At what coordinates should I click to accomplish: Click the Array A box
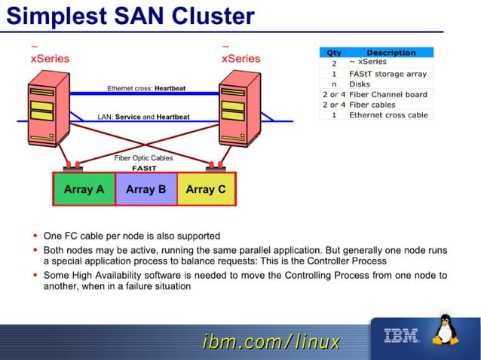pyautogui.click(x=84, y=189)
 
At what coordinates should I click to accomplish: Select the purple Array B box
pyautogui.click(x=146, y=189)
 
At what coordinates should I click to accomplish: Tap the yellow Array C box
pyautogui.click(x=205, y=189)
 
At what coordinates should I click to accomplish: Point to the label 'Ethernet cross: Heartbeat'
pyautogui.click(x=146, y=89)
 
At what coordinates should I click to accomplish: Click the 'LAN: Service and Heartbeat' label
pyautogui.click(x=143, y=117)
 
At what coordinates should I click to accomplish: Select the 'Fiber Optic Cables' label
pyautogui.click(x=143, y=158)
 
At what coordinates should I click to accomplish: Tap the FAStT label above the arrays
pyautogui.click(x=144, y=168)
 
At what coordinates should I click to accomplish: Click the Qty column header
pyautogui.click(x=333, y=53)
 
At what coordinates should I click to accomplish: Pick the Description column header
pyautogui.click(x=391, y=53)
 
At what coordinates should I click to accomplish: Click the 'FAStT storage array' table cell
pyautogui.click(x=388, y=74)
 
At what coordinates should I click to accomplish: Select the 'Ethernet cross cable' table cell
pyautogui.click(x=388, y=115)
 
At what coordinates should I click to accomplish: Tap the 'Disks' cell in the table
pyautogui.click(x=360, y=84)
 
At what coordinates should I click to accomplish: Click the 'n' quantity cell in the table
pyautogui.click(x=333, y=84)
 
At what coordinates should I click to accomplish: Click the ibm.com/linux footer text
pyautogui.click(x=271, y=342)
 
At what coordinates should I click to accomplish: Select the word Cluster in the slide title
pyautogui.click(x=213, y=16)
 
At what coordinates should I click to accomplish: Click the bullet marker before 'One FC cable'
pyautogui.click(x=36, y=236)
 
